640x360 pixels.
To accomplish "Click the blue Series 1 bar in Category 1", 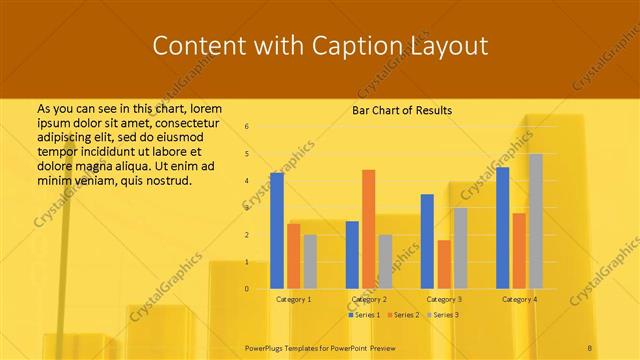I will (277, 231).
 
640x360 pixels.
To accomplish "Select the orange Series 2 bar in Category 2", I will (369, 229).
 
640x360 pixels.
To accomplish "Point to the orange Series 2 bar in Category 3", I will (444, 264).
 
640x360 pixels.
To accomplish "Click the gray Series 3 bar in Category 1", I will (310, 262).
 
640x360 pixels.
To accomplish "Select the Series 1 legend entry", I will (364, 315).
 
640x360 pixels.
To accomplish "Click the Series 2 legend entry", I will (404, 315).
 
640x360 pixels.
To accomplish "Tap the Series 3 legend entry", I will (444, 315).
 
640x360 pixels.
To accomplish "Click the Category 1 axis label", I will (294, 299).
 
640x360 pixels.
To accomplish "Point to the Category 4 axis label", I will (519, 299).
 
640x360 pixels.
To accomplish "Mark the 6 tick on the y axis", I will (247, 127).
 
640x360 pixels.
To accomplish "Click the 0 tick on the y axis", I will (247, 289).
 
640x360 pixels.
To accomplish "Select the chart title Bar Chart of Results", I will (402, 110).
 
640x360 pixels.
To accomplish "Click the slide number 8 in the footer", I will (590, 346).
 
